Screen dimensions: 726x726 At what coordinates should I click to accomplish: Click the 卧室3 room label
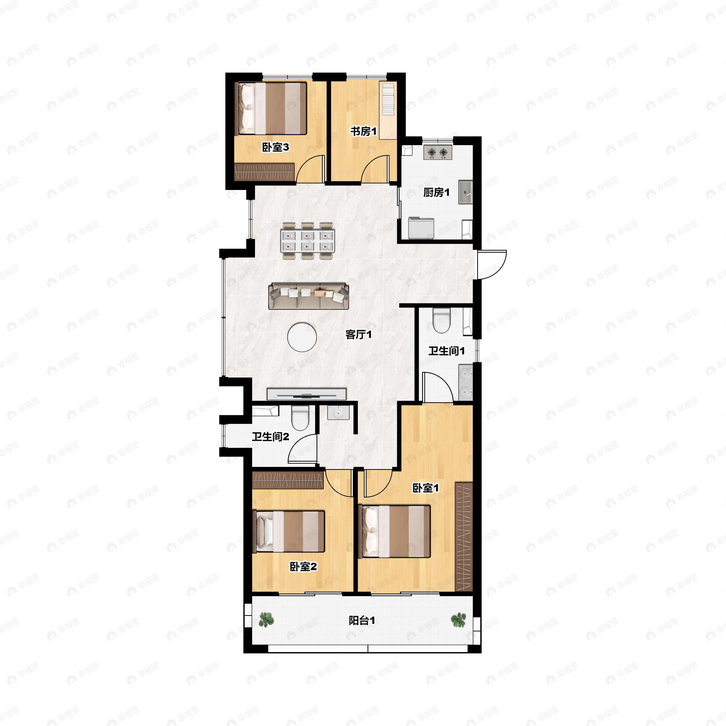[276, 147]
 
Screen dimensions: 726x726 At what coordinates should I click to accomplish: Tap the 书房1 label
[363, 132]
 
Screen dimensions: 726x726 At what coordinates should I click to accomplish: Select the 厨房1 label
[436, 193]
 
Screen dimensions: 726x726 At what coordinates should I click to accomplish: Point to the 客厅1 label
[358, 335]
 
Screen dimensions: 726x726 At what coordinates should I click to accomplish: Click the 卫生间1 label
[446, 351]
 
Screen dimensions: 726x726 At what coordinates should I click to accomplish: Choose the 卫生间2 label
[270, 437]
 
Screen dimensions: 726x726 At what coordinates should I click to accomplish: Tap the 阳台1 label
[362, 621]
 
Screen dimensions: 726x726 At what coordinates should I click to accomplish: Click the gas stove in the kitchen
[438, 152]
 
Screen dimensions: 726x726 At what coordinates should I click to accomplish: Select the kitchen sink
[465, 192]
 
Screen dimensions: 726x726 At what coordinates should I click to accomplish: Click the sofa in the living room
[309, 296]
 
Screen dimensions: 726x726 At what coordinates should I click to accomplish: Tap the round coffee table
[302, 337]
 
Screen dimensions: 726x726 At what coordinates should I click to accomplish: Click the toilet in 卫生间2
[300, 417]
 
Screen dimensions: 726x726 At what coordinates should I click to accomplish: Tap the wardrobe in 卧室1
[464, 537]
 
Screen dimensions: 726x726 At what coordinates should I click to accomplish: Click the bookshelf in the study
[388, 110]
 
